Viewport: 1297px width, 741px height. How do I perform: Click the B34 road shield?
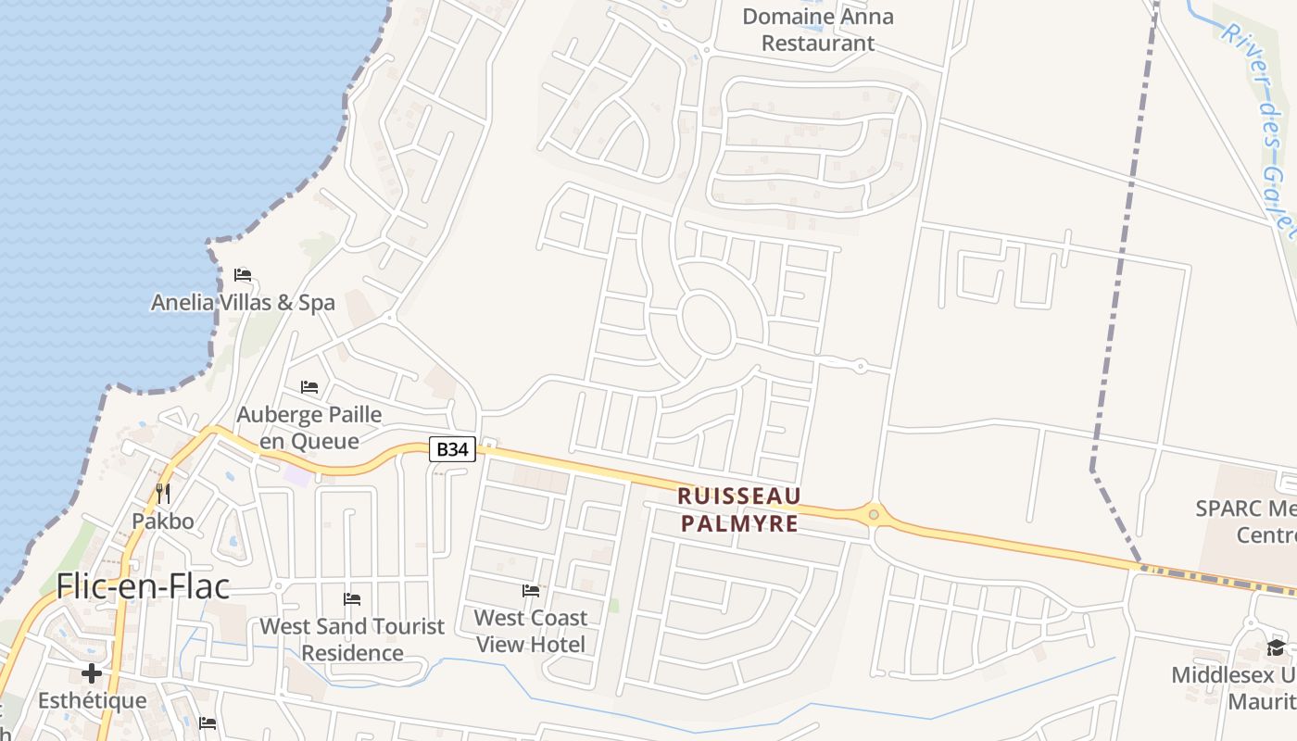click(x=453, y=450)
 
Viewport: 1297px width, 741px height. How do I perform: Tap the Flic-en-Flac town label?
click(x=143, y=585)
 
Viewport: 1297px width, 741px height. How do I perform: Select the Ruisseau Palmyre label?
click(x=739, y=510)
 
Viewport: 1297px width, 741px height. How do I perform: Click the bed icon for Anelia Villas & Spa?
click(x=243, y=275)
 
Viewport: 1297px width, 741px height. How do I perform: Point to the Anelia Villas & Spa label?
click(x=243, y=303)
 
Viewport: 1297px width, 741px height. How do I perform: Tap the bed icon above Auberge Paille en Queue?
click(x=309, y=386)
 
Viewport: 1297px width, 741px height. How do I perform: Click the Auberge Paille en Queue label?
click(x=309, y=427)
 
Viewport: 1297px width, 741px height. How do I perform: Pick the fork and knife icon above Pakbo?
click(x=163, y=493)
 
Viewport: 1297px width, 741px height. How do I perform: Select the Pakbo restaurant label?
click(x=163, y=521)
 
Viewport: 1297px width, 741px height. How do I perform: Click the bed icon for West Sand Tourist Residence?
click(x=352, y=599)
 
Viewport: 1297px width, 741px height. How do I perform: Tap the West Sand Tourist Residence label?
click(x=352, y=639)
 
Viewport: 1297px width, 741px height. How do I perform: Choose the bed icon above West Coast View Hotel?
click(x=531, y=590)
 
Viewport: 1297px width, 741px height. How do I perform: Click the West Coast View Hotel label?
click(x=531, y=631)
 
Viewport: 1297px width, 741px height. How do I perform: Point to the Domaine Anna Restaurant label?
click(x=818, y=30)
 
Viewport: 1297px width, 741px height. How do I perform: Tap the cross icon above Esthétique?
click(x=92, y=673)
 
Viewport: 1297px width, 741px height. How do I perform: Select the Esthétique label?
click(x=92, y=700)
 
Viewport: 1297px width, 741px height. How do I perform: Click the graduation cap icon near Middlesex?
click(x=1276, y=647)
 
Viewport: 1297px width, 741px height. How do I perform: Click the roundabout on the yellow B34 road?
click(x=873, y=513)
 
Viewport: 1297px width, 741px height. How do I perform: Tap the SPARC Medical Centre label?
click(x=1245, y=521)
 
